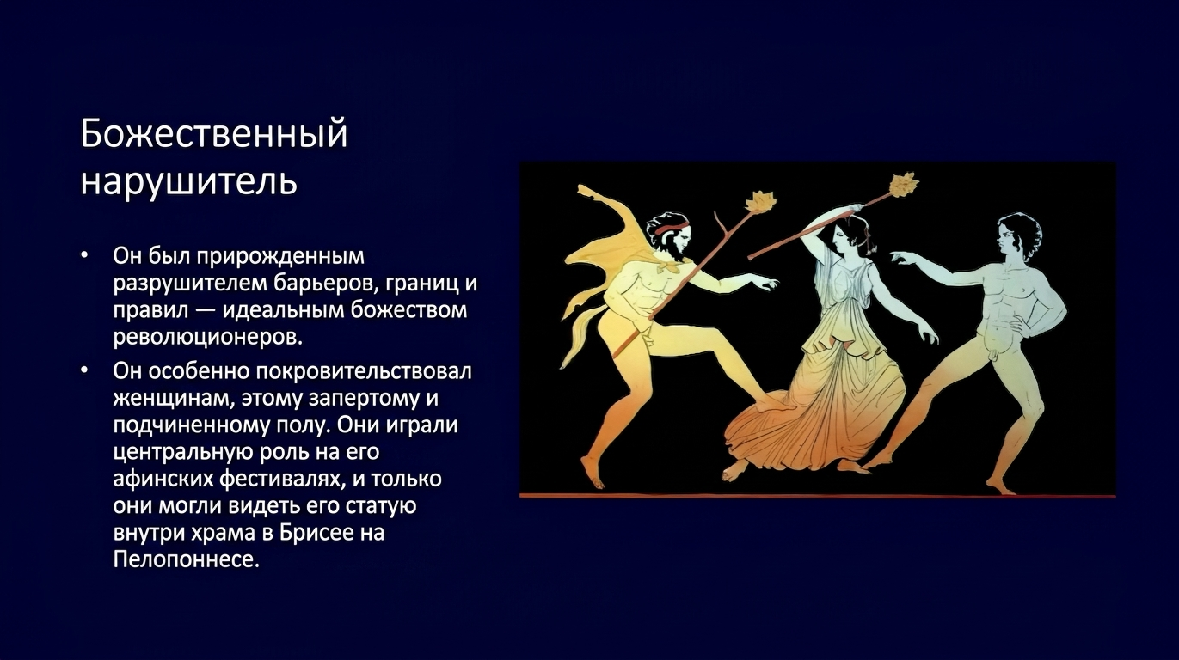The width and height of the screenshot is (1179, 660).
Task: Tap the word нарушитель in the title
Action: (x=189, y=180)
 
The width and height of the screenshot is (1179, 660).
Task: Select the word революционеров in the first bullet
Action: (x=208, y=337)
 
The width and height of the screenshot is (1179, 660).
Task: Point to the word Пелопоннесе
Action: (x=187, y=559)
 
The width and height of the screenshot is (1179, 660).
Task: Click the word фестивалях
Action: (x=279, y=479)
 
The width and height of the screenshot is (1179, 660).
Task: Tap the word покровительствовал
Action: (x=364, y=371)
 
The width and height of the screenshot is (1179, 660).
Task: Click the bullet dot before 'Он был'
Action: (x=85, y=256)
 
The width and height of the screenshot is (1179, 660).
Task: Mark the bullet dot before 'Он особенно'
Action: (x=85, y=370)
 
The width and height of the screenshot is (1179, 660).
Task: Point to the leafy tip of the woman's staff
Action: (x=903, y=184)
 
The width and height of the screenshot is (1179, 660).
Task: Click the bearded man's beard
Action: (x=679, y=254)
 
